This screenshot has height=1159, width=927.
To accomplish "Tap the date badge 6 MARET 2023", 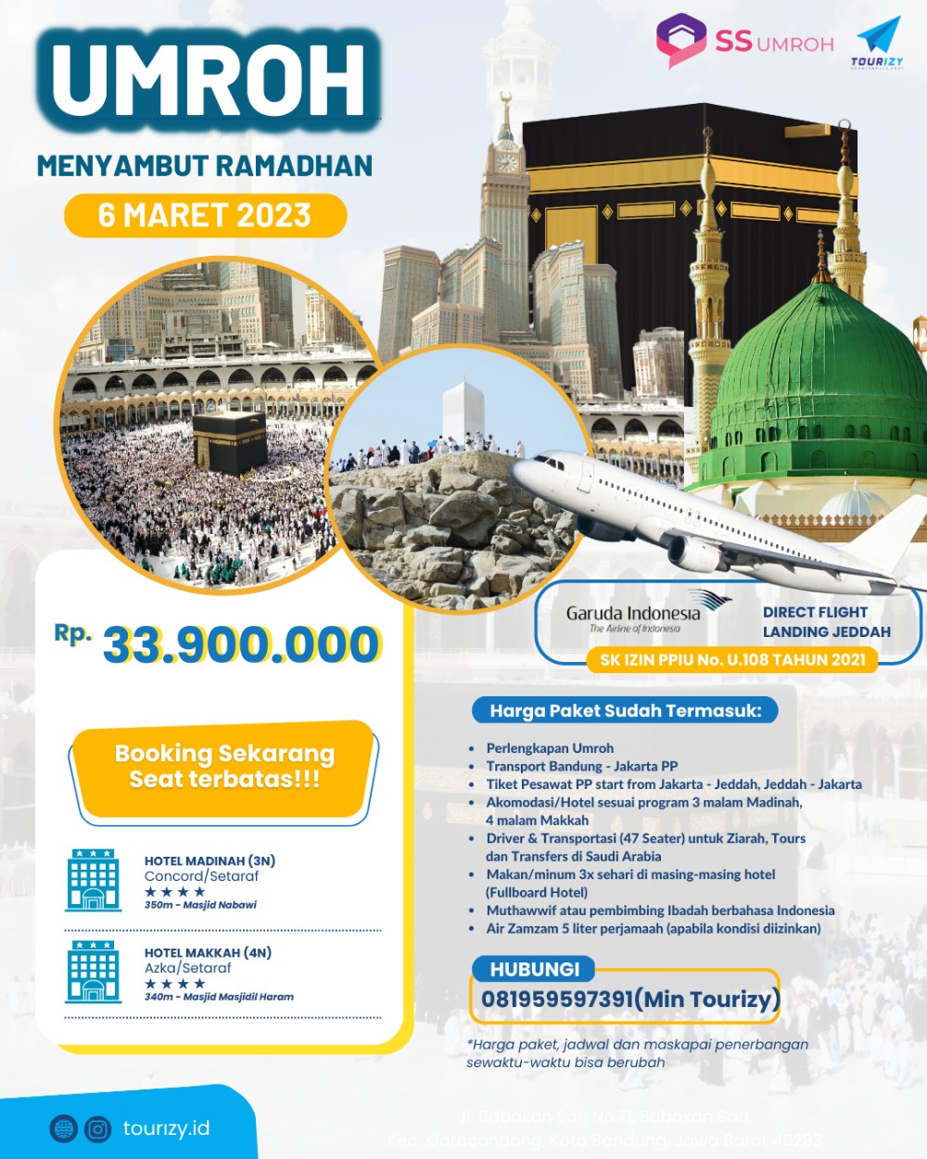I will click(205, 215).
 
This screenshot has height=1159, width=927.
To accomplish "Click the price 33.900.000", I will click(241, 644).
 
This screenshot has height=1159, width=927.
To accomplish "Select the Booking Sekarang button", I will click(223, 767).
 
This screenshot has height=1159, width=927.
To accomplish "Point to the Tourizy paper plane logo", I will click(878, 38).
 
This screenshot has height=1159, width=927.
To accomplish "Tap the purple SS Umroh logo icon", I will click(681, 40).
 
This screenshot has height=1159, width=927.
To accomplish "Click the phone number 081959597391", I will click(556, 999).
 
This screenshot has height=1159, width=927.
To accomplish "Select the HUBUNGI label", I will click(534, 969).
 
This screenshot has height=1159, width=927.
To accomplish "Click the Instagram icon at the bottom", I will click(97, 1128).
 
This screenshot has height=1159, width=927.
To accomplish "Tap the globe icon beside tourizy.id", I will click(64, 1128).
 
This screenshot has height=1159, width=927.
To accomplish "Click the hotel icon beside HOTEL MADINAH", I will click(93, 880).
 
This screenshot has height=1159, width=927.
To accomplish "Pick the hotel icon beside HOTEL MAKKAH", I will click(93, 971).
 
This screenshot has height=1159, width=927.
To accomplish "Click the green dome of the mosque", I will click(816, 362).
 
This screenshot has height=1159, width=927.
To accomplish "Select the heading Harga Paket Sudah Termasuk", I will click(625, 711).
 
